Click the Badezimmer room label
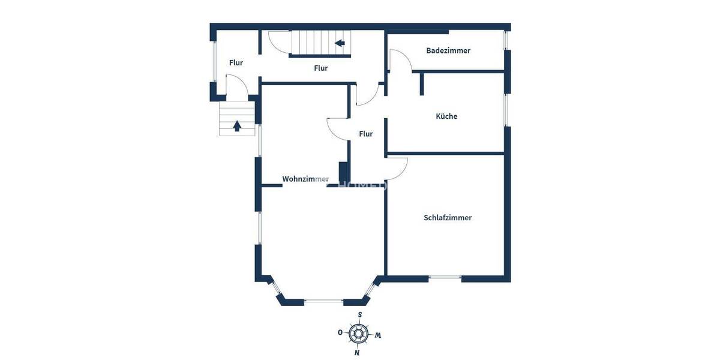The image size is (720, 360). (448, 50)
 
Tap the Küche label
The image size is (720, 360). (446, 116)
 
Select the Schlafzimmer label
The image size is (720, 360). (448, 218)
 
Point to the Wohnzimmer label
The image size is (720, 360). (305, 179)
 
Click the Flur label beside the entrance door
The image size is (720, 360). (236, 62)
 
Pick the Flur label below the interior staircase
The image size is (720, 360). (321, 68)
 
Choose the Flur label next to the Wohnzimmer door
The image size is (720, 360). (366, 134)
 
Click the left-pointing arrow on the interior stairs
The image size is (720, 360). (340, 43)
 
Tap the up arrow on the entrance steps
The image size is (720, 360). (237, 125)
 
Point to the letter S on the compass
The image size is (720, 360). (360, 315)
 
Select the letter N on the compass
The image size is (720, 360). (357, 352)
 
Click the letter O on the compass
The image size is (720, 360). (340, 332)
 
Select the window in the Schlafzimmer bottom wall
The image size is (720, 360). (445, 277)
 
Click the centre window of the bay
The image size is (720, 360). (323, 301)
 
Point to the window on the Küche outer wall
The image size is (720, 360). (506, 109)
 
